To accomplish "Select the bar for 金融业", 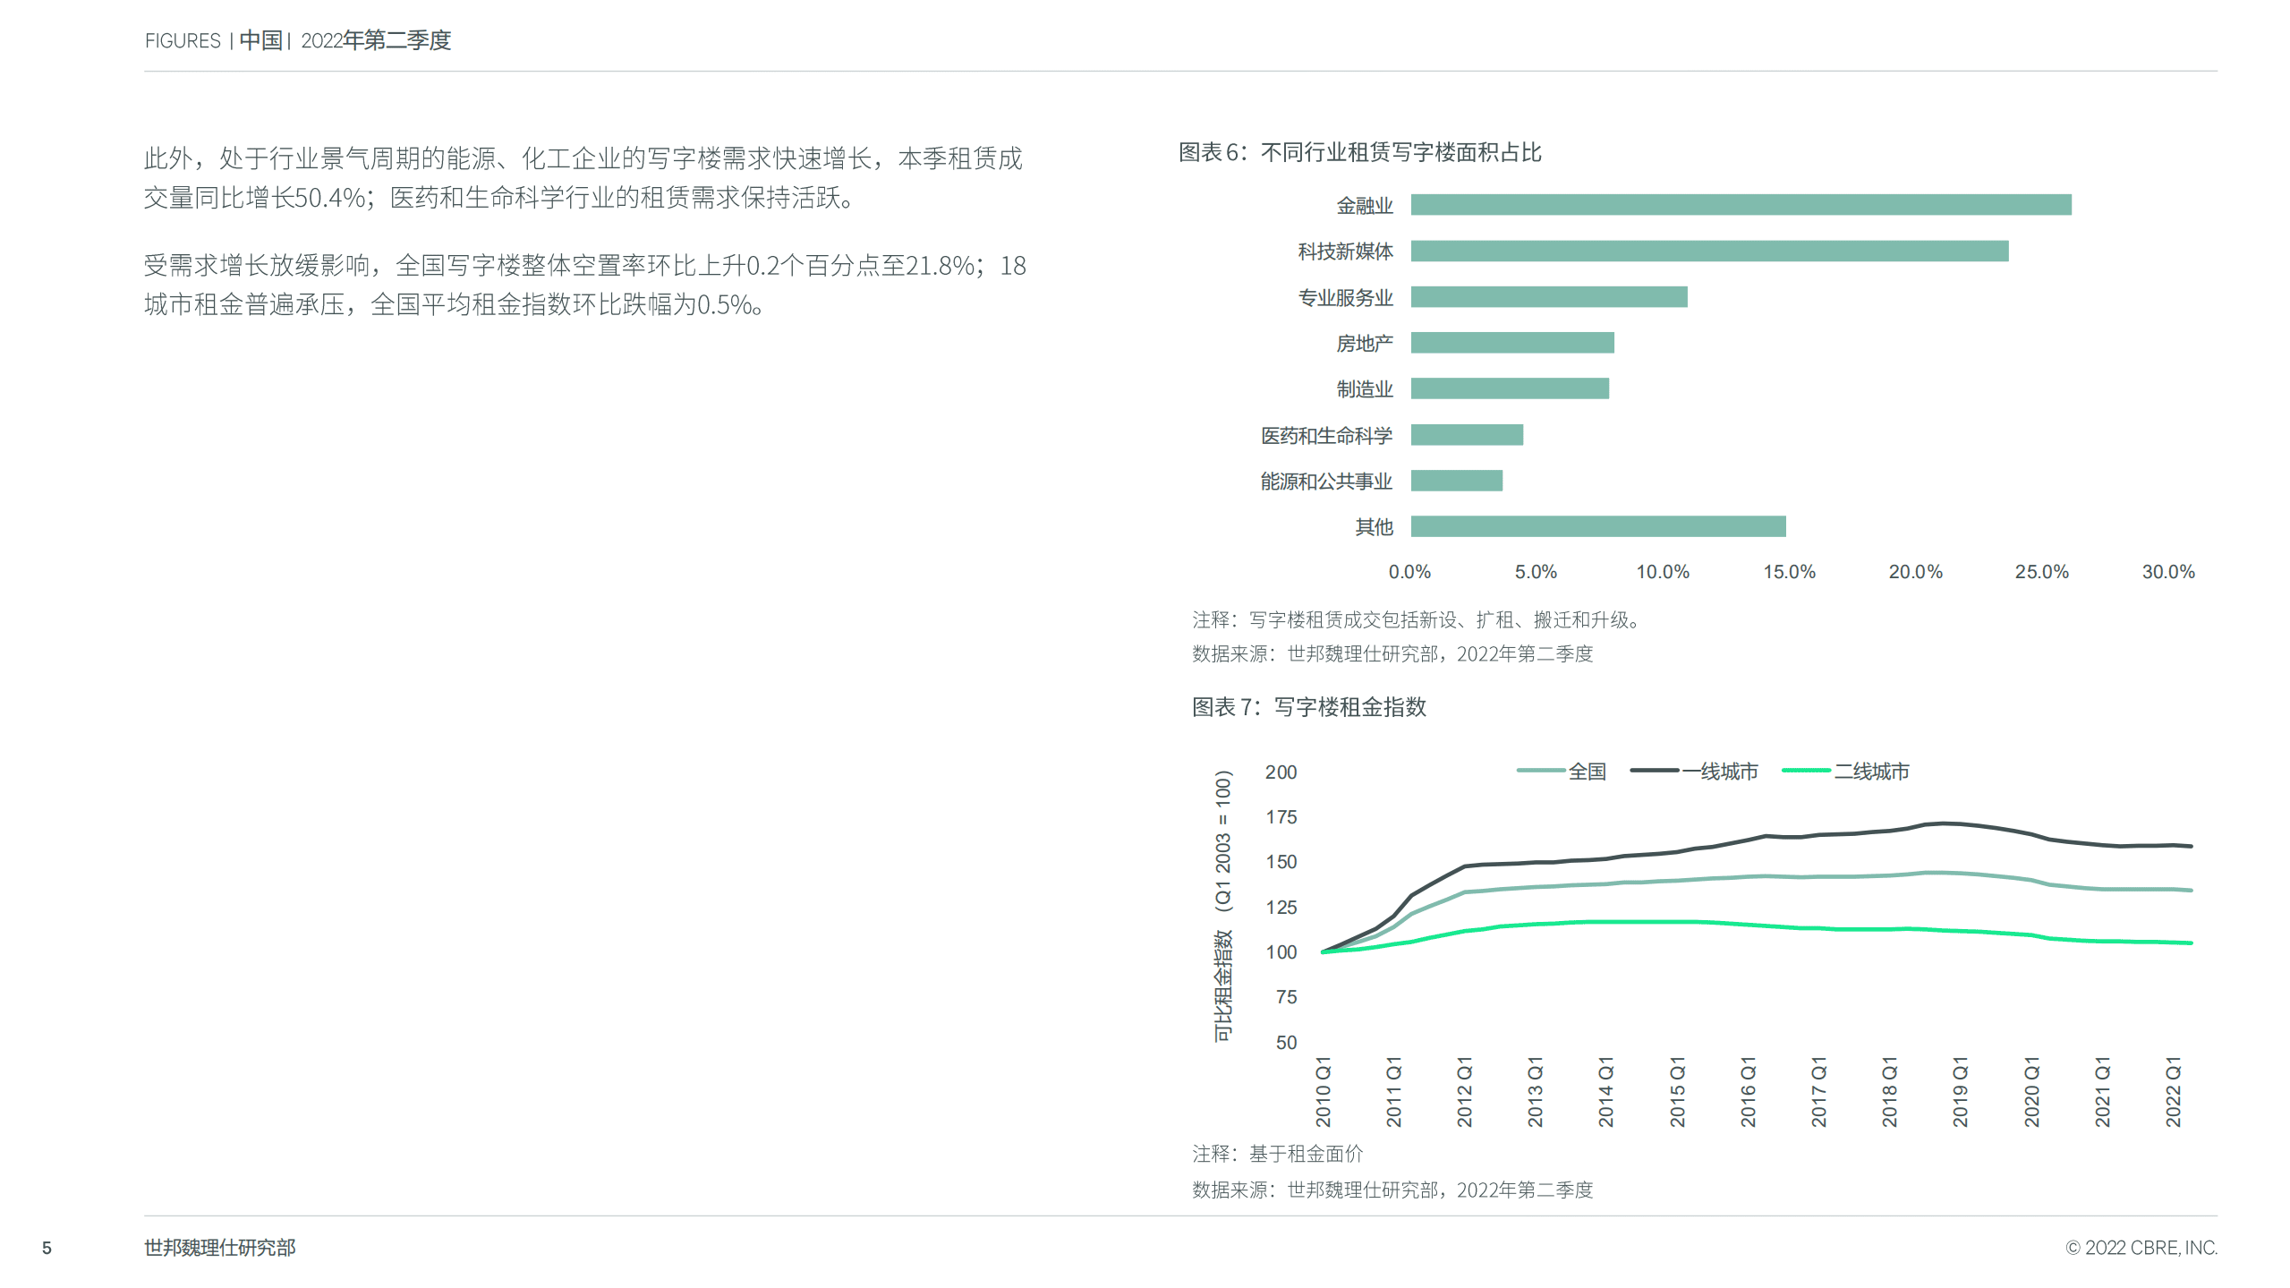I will click(1741, 205).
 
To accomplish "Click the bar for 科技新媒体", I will click(1709, 251).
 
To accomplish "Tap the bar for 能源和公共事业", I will click(1456, 481).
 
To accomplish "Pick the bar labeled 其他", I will click(1597, 526).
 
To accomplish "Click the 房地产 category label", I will click(1364, 344).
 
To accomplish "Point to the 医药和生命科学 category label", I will click(1326, 436).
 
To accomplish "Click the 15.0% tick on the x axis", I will click(1788, 572).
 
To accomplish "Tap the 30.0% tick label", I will click(2167, 572).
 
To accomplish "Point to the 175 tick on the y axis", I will click(1281, 817).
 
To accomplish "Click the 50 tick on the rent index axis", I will click(1286, 1043).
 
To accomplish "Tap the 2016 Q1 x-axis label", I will click(1748, 1092).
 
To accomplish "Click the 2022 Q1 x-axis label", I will click(2173, 1092).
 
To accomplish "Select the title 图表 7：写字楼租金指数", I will click(1308, 707).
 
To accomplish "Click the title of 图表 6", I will click(1359, 153).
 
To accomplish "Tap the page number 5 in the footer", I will click(47, 1248).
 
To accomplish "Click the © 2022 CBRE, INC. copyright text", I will click(2141, 1248).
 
